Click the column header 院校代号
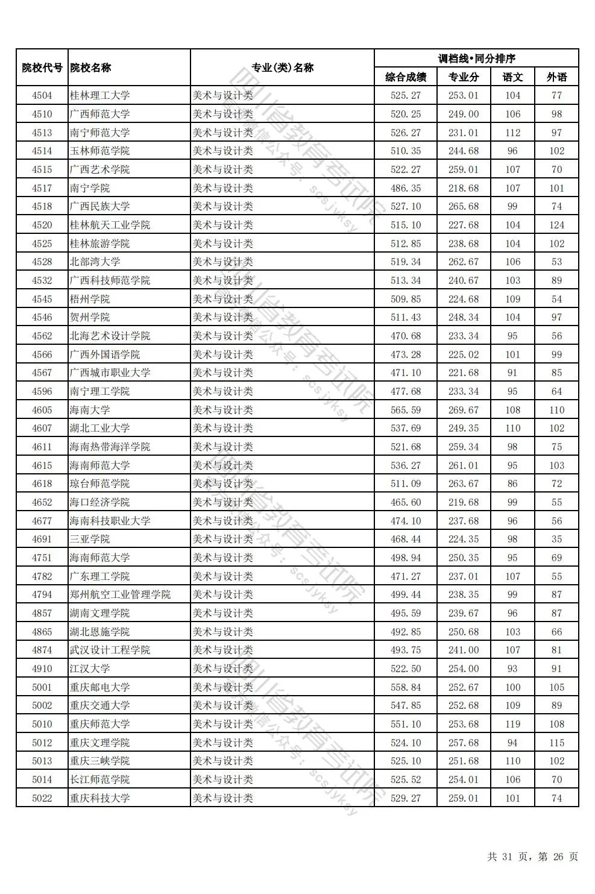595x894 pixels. (x=42, y=68)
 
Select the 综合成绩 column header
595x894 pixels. (x=406, y=77)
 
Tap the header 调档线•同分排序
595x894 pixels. (x=476, y=58)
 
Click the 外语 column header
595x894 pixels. (x=556, y=77)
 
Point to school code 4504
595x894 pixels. (x=42, y=95)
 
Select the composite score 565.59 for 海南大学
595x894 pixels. (x=406, y=410)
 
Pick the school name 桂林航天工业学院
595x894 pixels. (x=110, y=225)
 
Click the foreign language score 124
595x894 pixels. (x=556, y=225)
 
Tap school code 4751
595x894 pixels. (x=42, y=558)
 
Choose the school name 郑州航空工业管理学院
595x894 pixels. (x=120, y=594)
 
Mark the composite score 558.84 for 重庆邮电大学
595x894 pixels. (x=406, y=687)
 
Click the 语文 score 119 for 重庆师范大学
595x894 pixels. (x=512, y=724)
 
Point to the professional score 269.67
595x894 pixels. (x=464, y=410)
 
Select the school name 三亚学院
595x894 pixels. (x=90, y=539)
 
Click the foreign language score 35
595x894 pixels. (x=556, y=539)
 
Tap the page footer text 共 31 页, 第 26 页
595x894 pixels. (x=532, y=857)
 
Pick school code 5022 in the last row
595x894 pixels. (x=42, y=798)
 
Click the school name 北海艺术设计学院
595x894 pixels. (x=110, y=336)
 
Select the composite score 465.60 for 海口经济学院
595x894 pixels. (x=406, y=502)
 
